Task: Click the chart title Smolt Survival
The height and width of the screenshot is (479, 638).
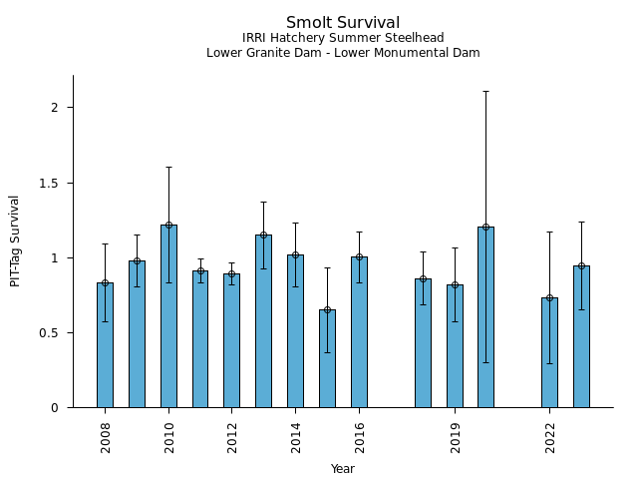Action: (343, 23)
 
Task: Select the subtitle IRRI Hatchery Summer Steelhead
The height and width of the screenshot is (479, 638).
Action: (343, 38)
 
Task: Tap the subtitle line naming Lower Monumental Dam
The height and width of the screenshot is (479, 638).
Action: (343, 53)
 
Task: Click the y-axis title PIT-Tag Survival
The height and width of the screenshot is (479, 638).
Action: (15, 240)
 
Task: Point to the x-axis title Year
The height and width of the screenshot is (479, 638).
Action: (343, 469)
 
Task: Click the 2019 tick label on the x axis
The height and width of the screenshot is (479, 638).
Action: (455, 437)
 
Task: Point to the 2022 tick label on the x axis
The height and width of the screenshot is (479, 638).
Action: (549, 437)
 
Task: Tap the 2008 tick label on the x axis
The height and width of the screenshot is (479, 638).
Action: (105, 437)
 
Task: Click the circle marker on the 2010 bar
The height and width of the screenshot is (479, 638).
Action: (168, 226)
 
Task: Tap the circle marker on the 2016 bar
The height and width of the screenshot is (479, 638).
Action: (359, 256)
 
